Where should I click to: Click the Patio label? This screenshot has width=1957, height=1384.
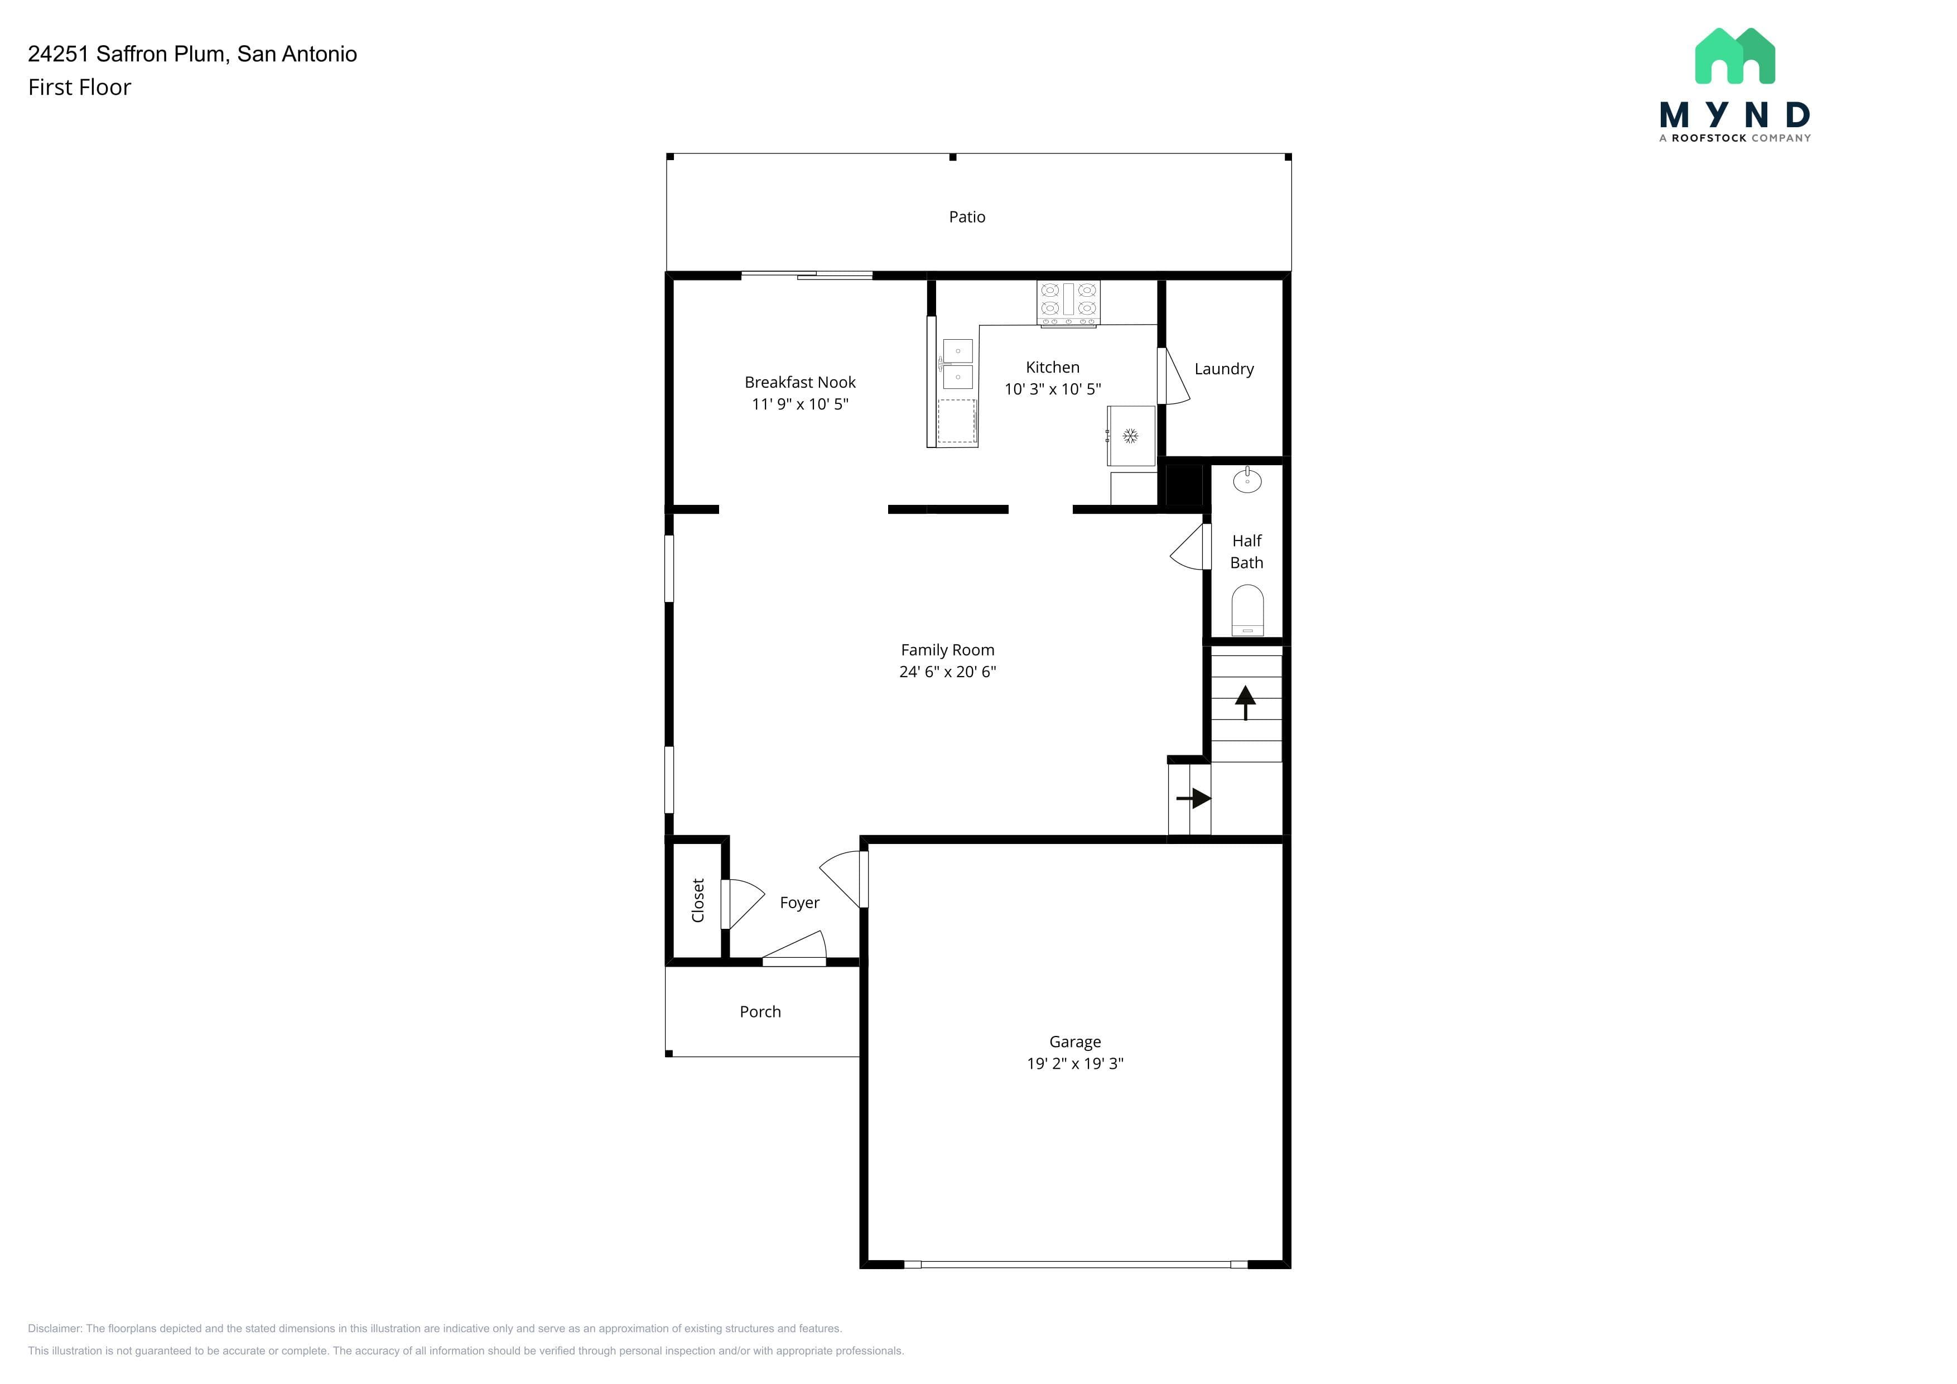(967, 218)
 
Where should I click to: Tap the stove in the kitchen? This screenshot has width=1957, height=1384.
(1068, 303)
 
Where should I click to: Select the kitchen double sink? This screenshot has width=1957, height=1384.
(957, 364)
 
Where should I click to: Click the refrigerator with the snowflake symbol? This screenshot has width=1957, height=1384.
(1130, 436)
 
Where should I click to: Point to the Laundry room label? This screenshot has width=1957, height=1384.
(1224, 369)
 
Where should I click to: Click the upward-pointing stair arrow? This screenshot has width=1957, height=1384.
(1245, 702)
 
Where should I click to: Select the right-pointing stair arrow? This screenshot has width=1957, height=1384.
(1193, 798)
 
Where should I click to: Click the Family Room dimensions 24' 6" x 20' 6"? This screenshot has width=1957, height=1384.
(948, 672)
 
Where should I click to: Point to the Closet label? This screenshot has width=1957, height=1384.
(698, 901)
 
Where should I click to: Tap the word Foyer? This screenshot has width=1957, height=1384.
(799, 903)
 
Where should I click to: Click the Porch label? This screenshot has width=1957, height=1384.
(760, 1011)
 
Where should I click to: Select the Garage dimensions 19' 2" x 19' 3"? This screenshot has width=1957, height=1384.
(1075, 1064)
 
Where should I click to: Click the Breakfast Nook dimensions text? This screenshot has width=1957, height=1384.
(799, 404)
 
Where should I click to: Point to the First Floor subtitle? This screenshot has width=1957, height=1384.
(79, 88)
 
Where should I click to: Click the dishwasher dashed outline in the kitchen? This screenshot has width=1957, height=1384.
(956, 421)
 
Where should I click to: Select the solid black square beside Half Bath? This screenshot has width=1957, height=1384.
(1183, 485)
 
